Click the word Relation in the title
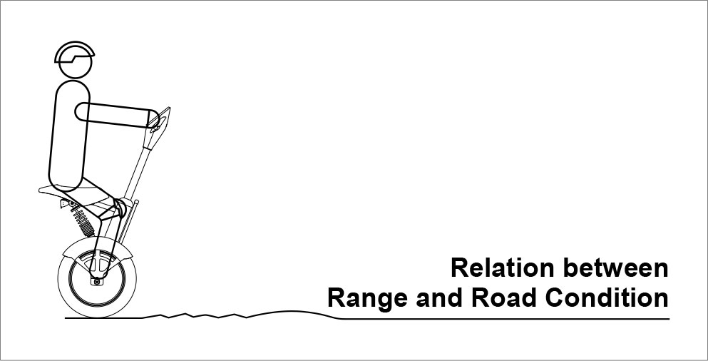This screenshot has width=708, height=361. click(x=502, y=268)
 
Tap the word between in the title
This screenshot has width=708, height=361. click(x=616, y=268)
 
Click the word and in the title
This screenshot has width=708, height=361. click(x=439, y=299)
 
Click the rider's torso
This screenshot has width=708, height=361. click(x=69, y=135)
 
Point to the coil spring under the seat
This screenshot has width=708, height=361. click(x=83, y=220)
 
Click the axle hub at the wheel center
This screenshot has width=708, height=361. click(x=97, y=280)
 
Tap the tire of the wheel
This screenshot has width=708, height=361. click(x=97, y=278)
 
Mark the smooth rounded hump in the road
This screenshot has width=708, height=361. click(x=294, y=315)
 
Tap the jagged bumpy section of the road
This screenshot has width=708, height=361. click(x=195, y=315)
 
